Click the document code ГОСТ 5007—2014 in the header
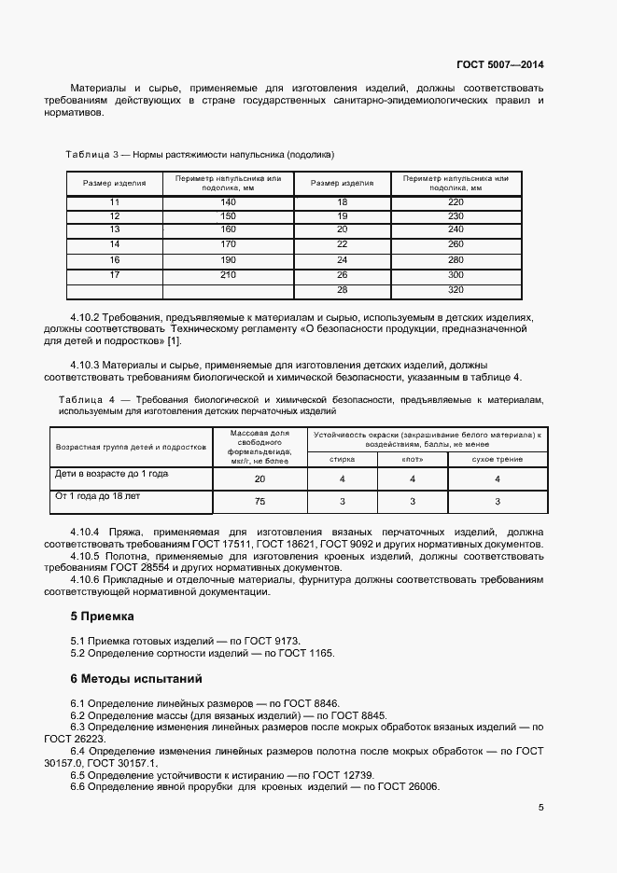[499, 65]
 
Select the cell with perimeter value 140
[228, 202]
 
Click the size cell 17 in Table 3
[115, 274]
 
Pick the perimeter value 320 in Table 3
[456, 290]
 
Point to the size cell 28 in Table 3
[342, 290]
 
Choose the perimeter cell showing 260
[456, 243]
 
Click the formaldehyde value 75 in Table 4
[259, 501]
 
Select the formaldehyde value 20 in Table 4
[259, 478]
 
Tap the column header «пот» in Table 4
[411, 459]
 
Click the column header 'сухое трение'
[497, 459]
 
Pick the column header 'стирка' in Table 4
[343, 459]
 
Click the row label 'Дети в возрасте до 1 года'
[112, 474]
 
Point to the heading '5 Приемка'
[103, 617]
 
